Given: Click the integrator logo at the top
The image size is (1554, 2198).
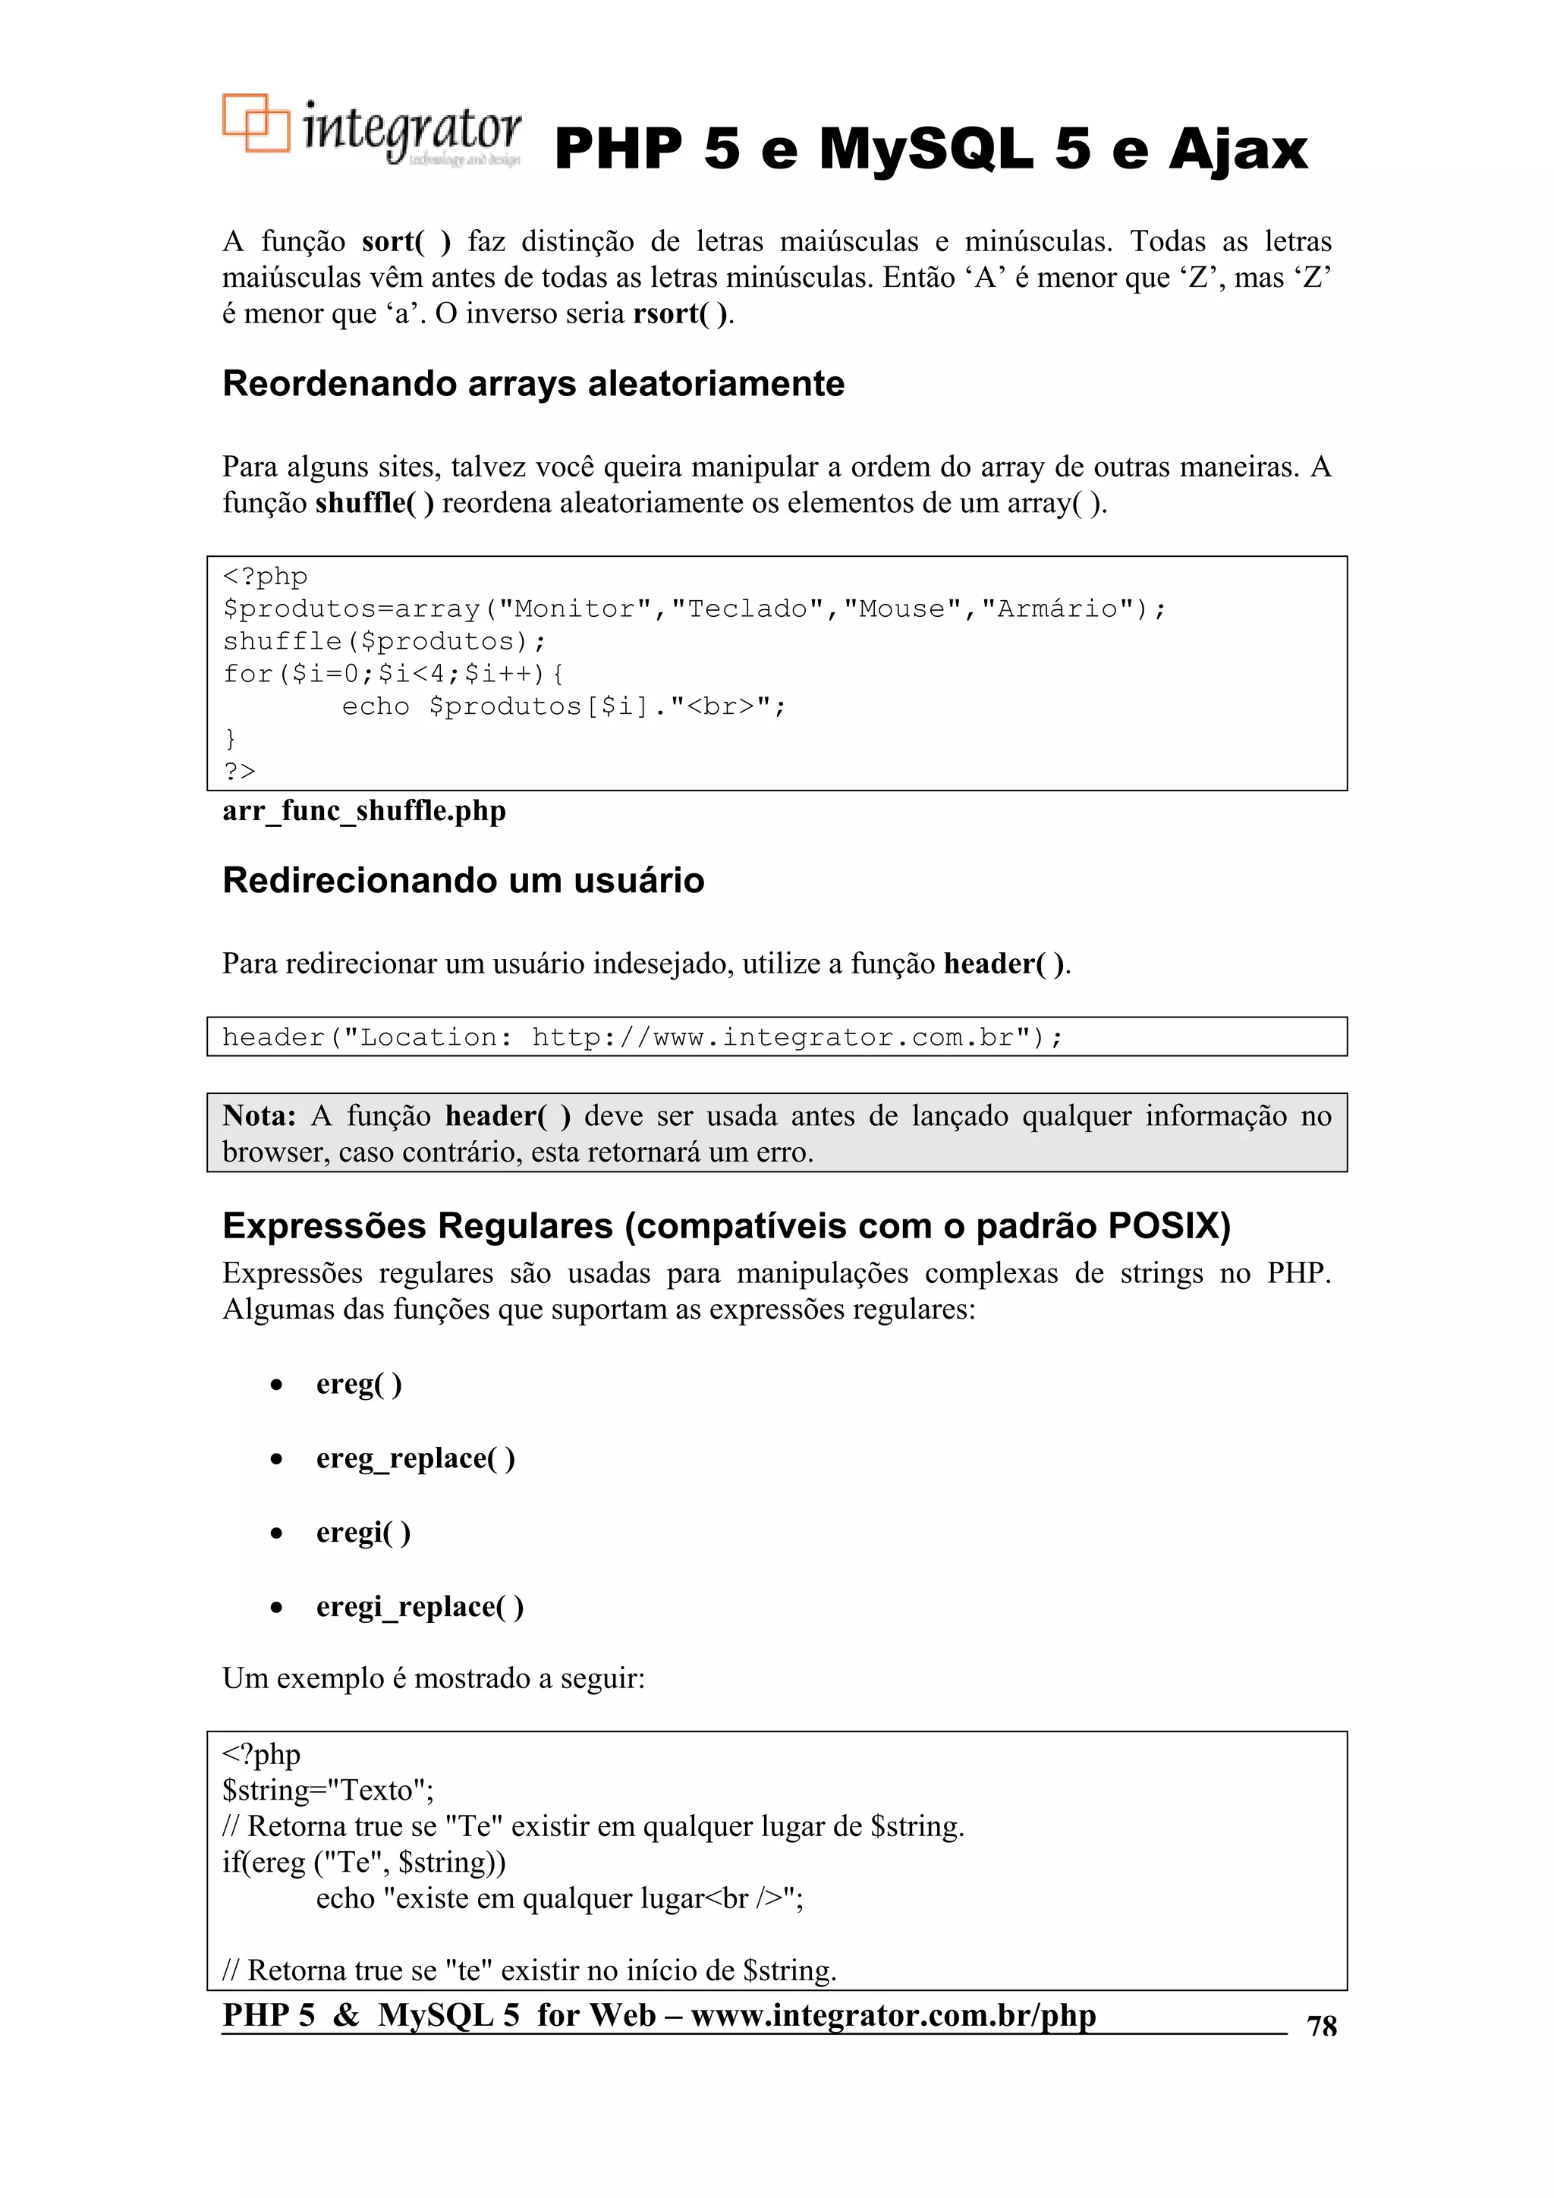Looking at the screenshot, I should (x=372, y=131).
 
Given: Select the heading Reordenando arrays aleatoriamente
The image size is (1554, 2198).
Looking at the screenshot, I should (x=533, y=384).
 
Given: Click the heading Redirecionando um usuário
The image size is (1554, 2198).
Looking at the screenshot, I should (x=464, y=881).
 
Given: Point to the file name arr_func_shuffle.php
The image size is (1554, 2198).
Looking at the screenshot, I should (x=364, y=811).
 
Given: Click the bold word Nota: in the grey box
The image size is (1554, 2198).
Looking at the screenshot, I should (x=259, y=1116).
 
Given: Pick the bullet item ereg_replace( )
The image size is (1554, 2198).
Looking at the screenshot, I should (x=416, y=1458).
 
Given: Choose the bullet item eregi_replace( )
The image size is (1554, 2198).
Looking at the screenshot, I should (x=420, y=1606).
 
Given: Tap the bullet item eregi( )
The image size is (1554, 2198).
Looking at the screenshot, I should (x=363, y=1533).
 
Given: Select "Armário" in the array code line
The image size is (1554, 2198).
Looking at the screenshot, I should (x=1058, y=608).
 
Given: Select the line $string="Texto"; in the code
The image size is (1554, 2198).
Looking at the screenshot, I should (x=328, y=1790).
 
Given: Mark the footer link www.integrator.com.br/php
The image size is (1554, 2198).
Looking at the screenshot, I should (x=892, y=2015).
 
